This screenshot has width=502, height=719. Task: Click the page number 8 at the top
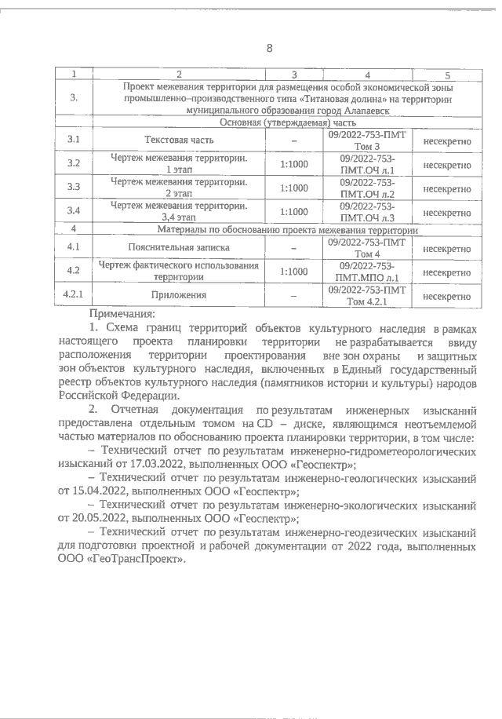pos(269,48)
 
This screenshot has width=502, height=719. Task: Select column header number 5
pos(446,75)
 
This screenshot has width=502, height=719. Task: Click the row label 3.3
pos(75,188)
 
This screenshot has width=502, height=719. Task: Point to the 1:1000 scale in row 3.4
pos(293,212)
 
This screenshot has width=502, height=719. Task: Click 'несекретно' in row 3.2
pos(446,165)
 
